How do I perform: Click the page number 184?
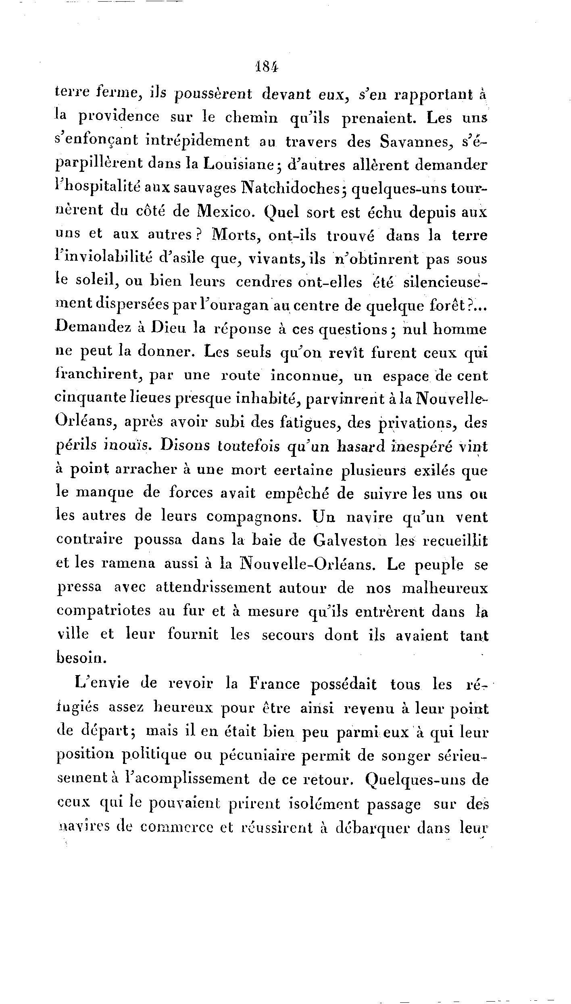[x=267, y=67]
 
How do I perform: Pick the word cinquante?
[x=90, y=400]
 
